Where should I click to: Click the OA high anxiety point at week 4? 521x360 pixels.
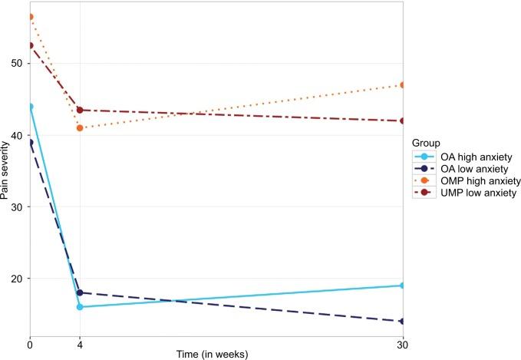point(80,307)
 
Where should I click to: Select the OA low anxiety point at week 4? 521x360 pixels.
point(80,292)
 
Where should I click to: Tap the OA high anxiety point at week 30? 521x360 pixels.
point(403,286)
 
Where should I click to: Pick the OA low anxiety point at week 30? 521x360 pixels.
point(403,321)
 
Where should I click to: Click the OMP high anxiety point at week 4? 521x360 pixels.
point(80,127)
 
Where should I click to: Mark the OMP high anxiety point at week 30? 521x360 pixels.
point(403,85)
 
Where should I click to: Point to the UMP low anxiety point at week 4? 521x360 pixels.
point(80,110)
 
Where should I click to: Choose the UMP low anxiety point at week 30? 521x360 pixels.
point(403,121)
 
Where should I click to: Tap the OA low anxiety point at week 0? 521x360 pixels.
point(30,142)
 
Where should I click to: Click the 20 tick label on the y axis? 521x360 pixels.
point(18,279)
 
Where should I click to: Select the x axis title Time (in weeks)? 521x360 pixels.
point(216,354)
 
